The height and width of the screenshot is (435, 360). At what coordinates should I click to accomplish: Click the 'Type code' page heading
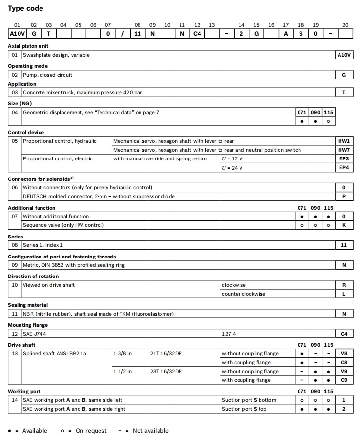25,8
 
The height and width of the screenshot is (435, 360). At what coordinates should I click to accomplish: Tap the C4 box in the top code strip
197,34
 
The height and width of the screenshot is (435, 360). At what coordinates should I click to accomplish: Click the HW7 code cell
344,150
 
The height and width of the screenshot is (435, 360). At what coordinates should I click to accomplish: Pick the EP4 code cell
344,168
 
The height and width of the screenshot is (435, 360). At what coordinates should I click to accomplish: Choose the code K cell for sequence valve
344,225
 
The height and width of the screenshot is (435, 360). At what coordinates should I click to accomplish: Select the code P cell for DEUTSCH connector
344,196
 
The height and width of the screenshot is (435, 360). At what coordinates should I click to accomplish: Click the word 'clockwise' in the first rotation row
234,285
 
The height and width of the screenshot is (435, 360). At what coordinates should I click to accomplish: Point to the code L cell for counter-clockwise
344,294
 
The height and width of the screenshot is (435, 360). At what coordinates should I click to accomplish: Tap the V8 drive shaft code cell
344,353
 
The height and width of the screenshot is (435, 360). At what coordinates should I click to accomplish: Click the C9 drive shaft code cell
344,380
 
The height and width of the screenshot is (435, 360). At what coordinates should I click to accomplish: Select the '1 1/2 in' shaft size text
122,371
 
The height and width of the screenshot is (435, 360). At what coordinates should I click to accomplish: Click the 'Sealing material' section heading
28,305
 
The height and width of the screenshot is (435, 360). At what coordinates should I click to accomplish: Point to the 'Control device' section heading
26,132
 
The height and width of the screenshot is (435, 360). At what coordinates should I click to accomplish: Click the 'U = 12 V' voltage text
232,158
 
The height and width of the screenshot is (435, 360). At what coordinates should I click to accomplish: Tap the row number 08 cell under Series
15,245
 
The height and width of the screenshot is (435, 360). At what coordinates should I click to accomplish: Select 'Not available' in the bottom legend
151,430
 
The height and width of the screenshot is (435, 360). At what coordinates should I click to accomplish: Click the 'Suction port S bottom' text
249,400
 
